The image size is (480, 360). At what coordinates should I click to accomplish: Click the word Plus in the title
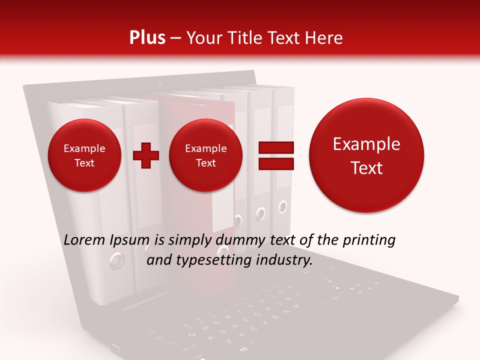tap(147, 38)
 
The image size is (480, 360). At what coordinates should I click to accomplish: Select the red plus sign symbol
tap(146, 155)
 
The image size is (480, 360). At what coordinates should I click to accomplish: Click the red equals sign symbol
tap(275, 155)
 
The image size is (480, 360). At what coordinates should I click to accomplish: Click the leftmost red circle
tap(84, 155)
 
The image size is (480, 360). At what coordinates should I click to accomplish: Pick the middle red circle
tap(206, 155)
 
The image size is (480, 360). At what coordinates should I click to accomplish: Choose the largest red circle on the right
tap(366, 156)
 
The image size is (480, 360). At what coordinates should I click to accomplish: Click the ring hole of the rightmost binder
tap(282, 205)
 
